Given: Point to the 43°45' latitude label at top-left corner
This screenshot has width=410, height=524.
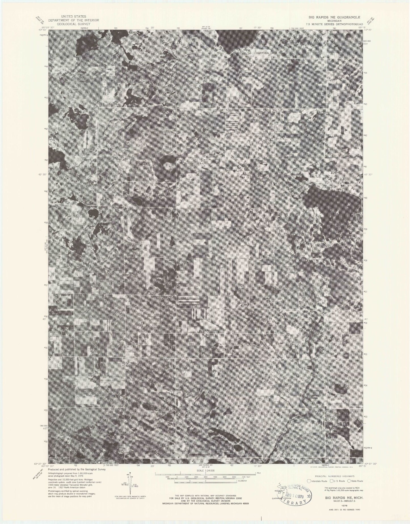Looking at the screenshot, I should [43, 29].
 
